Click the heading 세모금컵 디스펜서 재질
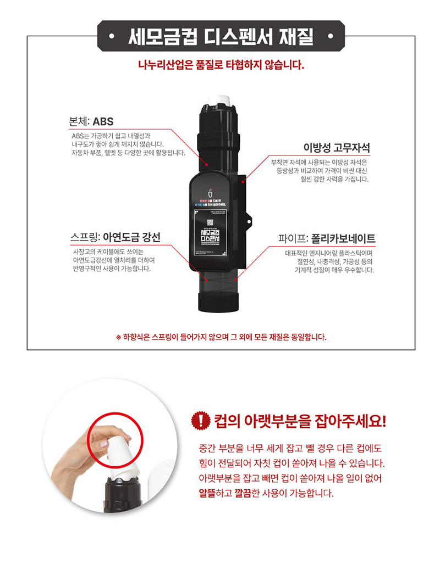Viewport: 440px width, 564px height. click(220, 37)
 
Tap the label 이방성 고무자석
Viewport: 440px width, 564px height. click(337, 148)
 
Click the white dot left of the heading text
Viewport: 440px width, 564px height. click(112, 38)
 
